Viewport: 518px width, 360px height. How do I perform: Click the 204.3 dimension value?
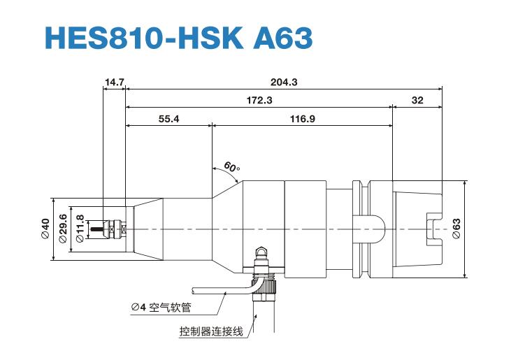point(284,82)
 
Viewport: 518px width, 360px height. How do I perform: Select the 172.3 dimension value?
point(259,101)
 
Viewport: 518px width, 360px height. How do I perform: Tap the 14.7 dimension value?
point(114,82)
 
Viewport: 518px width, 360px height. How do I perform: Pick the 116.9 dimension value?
point(302,119)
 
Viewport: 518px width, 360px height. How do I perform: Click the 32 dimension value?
point(417,101)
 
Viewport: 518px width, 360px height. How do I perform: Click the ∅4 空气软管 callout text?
point(166,307)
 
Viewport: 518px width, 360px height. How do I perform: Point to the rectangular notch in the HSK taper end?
point(434,229)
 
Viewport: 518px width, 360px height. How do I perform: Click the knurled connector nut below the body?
point(266,283)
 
